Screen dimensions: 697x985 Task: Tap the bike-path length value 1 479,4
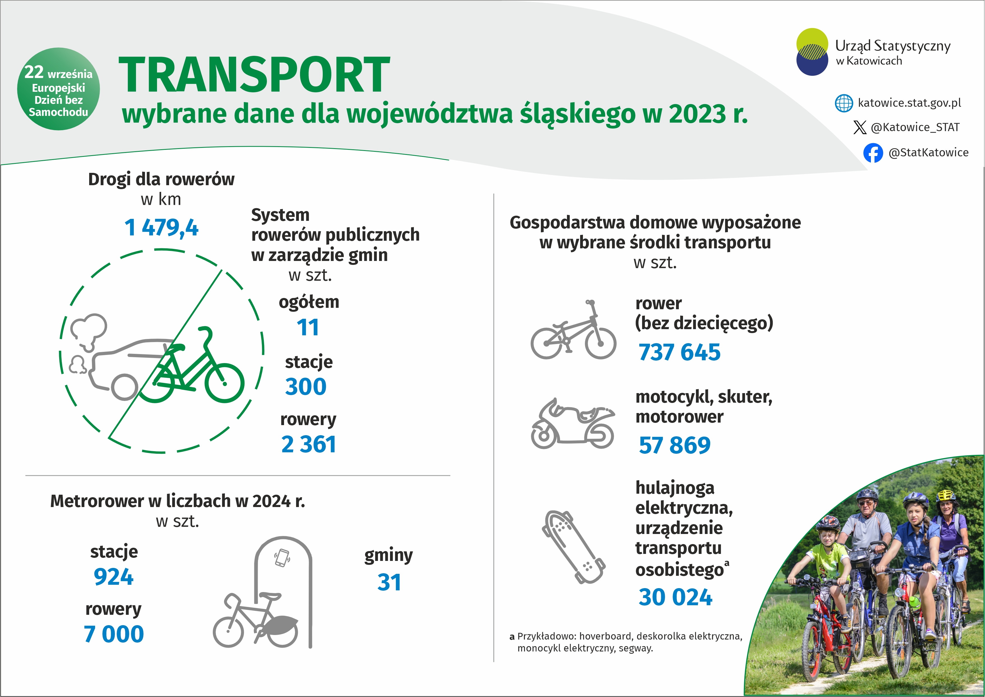click(161, 228)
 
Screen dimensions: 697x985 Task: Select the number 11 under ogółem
click(308, 328)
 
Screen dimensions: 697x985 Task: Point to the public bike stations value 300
click(306, 386)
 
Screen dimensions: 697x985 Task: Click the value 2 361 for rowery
click(308, 444)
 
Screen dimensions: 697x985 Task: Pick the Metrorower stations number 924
click(114, 577)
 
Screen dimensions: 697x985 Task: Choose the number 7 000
click(114, 634)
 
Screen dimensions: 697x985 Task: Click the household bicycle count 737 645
click(680, 352)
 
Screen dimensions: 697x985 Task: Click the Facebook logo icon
click(873, 153)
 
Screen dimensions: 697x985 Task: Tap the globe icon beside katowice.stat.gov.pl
click(844, 103)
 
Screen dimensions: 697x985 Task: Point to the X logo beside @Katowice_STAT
click(860, 127)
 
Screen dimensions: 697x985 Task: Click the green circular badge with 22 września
click(58, 89)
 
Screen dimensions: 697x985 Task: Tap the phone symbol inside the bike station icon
click(282, 558)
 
